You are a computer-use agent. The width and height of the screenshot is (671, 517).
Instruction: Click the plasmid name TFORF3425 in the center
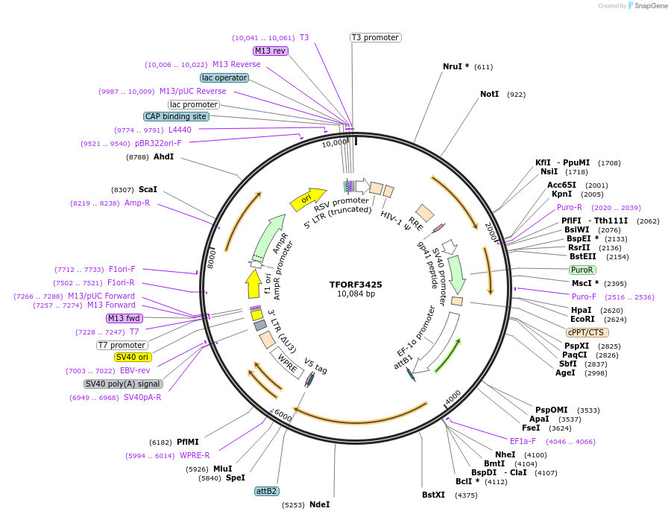click(356, 285)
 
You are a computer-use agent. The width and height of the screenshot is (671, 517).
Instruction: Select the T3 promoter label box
click(376, 37)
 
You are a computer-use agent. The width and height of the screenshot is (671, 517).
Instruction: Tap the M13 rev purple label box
click(270, 51)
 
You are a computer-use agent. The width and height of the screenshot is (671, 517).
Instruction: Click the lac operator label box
click(224, 77)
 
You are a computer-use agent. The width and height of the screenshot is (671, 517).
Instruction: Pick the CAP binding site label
click(176, 116)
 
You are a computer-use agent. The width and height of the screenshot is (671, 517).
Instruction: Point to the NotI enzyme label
click(489, 95)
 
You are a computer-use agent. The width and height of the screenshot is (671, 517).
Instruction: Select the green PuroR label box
click(582, 270)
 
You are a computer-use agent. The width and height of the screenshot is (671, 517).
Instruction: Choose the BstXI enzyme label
click(433, 495)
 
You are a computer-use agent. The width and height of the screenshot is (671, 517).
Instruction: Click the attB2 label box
click(267, 491)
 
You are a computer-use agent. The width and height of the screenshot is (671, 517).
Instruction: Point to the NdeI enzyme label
click(319, 504)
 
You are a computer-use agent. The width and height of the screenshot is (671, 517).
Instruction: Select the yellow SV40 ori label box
click(133, 358)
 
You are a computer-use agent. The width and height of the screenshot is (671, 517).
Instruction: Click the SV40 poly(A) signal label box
click(123, 384)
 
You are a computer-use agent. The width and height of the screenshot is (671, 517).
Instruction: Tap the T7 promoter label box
click(122, 345)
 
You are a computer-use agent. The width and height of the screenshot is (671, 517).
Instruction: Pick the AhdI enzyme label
click(163, 156)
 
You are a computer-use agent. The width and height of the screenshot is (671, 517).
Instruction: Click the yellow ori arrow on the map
click(308, 199)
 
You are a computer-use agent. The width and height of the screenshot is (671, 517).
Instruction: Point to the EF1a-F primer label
click(523, 441)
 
